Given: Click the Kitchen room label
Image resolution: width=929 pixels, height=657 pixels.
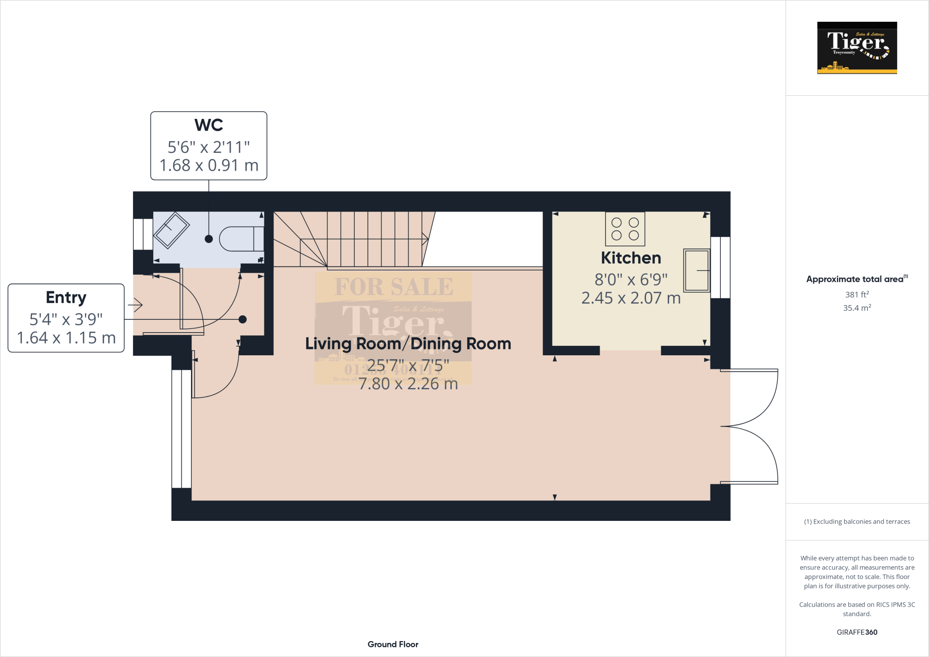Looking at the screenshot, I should tap(631, 258).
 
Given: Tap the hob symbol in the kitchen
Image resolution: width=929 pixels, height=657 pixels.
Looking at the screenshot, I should tap(625, 229).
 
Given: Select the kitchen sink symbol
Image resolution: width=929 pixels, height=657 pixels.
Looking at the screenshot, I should tap(696, 270).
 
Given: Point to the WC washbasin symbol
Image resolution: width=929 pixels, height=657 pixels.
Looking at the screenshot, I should tap(171, 230).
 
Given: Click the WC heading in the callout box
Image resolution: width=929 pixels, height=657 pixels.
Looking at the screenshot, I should tap(209, 125).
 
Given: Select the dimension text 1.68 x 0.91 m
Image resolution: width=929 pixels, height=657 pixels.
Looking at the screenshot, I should tap(209, 166).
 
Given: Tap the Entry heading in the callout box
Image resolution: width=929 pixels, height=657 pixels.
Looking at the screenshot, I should tap(66, 298).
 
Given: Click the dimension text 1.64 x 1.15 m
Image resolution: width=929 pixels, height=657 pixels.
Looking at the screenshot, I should tap(66, 338).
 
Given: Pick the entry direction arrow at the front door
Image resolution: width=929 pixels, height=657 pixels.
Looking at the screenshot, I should tap(136, 305).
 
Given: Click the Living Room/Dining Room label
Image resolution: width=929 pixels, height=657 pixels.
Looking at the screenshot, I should tap(408, 344).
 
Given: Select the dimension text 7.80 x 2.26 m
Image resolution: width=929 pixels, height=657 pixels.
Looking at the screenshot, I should tap(408, 384).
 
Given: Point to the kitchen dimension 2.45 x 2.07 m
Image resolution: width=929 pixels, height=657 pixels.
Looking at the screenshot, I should tap(631, 298).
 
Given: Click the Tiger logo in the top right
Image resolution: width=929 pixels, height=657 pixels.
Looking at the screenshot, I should tap(857, 48).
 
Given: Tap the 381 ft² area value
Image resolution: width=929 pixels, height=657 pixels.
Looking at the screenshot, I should tap(856, 294).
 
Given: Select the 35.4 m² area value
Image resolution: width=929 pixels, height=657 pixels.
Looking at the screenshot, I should tap(856, 308).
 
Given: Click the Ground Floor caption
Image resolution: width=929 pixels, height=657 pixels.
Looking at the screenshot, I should tap(393, 644).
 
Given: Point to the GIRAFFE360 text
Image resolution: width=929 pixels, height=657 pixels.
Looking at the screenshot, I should tap(856, 632).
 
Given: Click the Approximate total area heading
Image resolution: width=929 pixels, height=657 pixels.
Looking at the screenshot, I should tap(855, 279).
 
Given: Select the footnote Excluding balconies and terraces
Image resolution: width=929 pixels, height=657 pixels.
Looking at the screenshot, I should tap(856, 522).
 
